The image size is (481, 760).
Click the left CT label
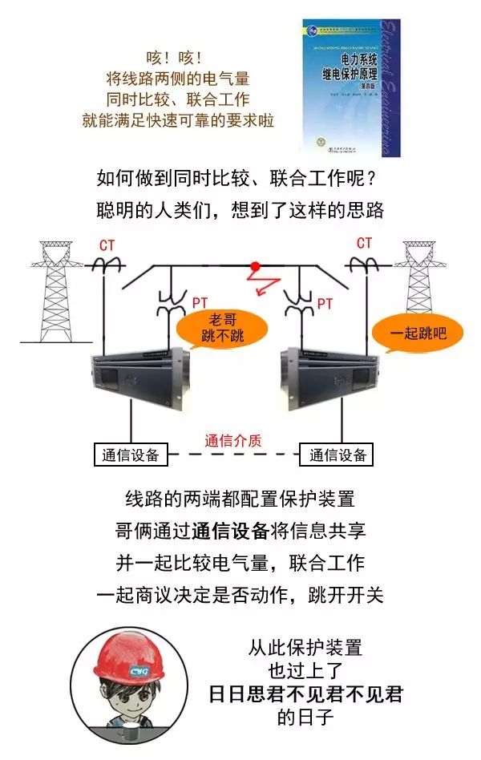click(107, 244)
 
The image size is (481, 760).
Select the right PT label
click(325, 303)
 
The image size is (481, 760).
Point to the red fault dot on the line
click(256, 266)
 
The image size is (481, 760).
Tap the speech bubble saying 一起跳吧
click(418, 331)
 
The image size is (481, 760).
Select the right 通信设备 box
click(338, 455)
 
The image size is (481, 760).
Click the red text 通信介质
click(233, 440)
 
